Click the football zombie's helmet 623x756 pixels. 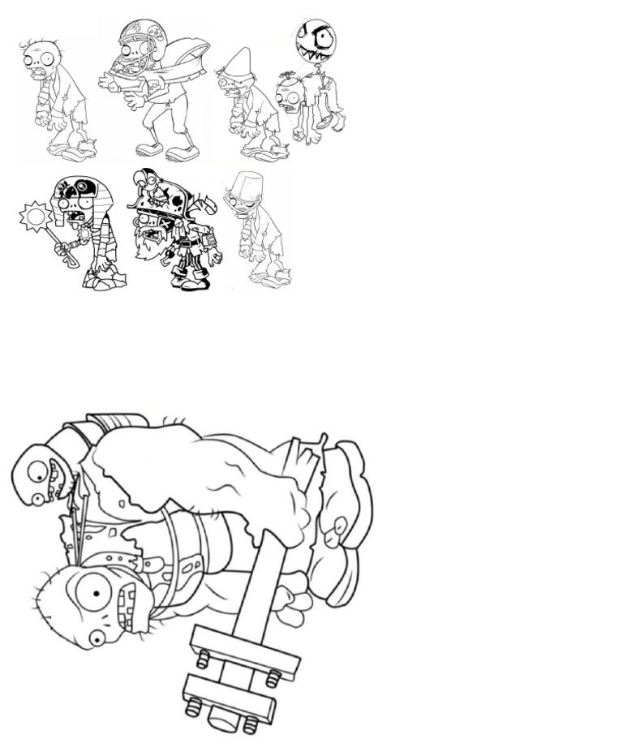[x=140, y=36]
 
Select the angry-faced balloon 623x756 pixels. [x=316, y=41]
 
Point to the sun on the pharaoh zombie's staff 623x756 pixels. [x=35, y=216]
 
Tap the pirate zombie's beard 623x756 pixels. [x=151, y=240]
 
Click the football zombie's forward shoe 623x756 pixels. [x=182, y=152]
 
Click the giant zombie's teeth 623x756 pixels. [x=128, y=604]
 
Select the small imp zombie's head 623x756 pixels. [x=41, y=475]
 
